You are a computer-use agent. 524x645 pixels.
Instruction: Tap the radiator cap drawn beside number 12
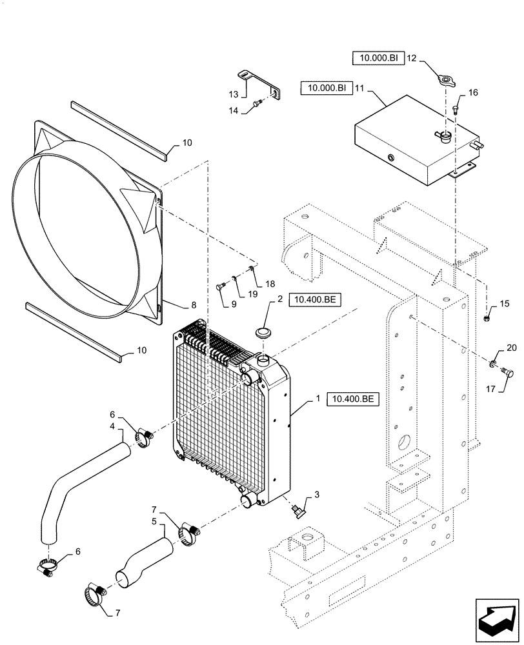click(445, 81)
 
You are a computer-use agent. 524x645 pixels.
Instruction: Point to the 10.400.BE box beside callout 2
click(316, 299)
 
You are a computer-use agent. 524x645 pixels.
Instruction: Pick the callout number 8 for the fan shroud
click(175, 304)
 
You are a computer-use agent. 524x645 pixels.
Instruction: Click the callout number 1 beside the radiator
click(317, 400)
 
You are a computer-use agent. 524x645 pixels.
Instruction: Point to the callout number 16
click(473, 93)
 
